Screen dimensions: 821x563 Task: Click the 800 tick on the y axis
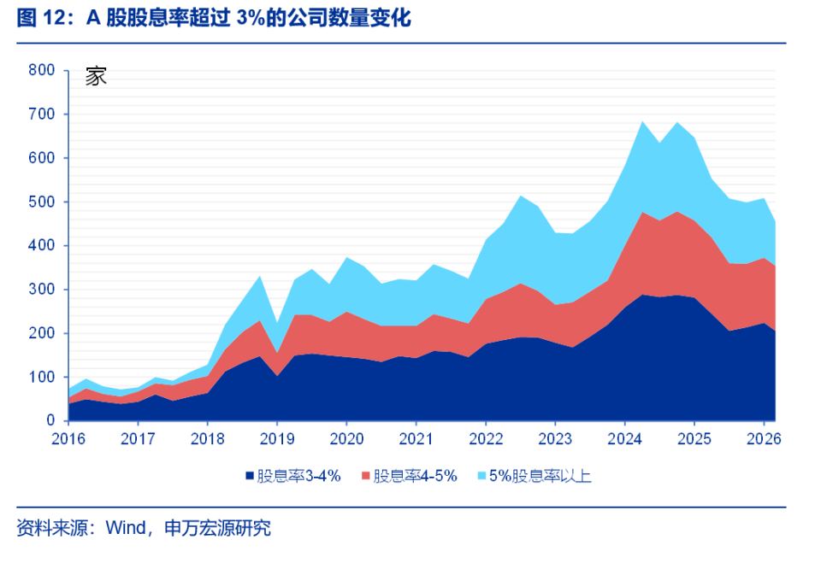click(41, 70)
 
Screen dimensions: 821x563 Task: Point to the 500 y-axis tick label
click(41, 202)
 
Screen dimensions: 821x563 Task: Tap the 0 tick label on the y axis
click(50, 420)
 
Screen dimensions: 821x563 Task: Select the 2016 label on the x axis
click(68, 438)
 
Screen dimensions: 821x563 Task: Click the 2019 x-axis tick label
click(277, 438)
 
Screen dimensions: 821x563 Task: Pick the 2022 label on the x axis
click(486, 438)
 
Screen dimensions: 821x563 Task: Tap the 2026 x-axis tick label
click(764, 438)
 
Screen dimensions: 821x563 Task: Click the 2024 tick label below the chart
click(624, 438)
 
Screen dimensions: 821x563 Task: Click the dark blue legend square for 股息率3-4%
click(250, 476)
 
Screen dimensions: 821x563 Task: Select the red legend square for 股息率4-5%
click(365, 476)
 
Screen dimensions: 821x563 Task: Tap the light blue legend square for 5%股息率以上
click(481, 476)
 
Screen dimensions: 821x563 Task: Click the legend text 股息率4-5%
click(416, 476)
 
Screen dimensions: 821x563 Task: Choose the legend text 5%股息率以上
click(540, 476)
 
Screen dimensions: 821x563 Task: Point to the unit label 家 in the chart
click(96, 76)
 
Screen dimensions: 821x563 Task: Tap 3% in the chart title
click(251, 18)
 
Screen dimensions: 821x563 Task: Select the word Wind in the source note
click(126, 528)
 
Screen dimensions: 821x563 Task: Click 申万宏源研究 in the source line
click(218, 528)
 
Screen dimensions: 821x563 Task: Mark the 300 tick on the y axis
click(41, 290)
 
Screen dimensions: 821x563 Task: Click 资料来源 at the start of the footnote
click(52, 528)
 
